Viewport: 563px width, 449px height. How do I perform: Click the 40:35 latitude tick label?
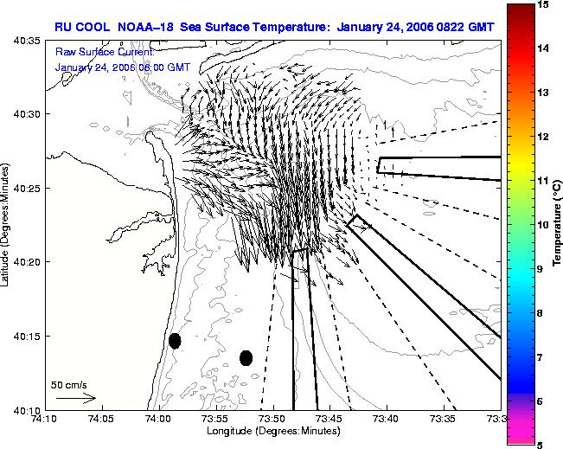[28, 41]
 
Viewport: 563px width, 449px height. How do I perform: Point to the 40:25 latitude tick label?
[28, 188]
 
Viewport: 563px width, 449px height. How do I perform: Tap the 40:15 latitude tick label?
[28, 337]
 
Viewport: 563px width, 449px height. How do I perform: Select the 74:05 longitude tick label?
[102, 419]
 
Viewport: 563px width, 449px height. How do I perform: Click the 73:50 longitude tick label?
[273, 419]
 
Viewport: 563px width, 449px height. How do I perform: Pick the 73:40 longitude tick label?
[387, 419]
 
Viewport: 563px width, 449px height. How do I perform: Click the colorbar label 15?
[544, 4]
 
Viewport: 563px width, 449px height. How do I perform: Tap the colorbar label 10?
[544, 225]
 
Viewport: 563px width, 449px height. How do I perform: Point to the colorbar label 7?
[541, 357]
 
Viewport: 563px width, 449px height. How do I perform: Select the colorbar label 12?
[544, 137]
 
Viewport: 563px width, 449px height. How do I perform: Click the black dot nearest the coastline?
[175, 341]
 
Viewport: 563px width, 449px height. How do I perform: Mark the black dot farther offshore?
[246, 358]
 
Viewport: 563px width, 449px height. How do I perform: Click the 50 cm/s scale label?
[69, 385]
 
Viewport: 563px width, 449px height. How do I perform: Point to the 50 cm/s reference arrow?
[76, 398]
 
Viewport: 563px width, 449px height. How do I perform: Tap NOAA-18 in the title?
[146, 27]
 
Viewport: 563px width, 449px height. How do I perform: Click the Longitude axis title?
[273, 431]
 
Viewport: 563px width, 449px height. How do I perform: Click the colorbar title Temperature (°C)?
[557, 223]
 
